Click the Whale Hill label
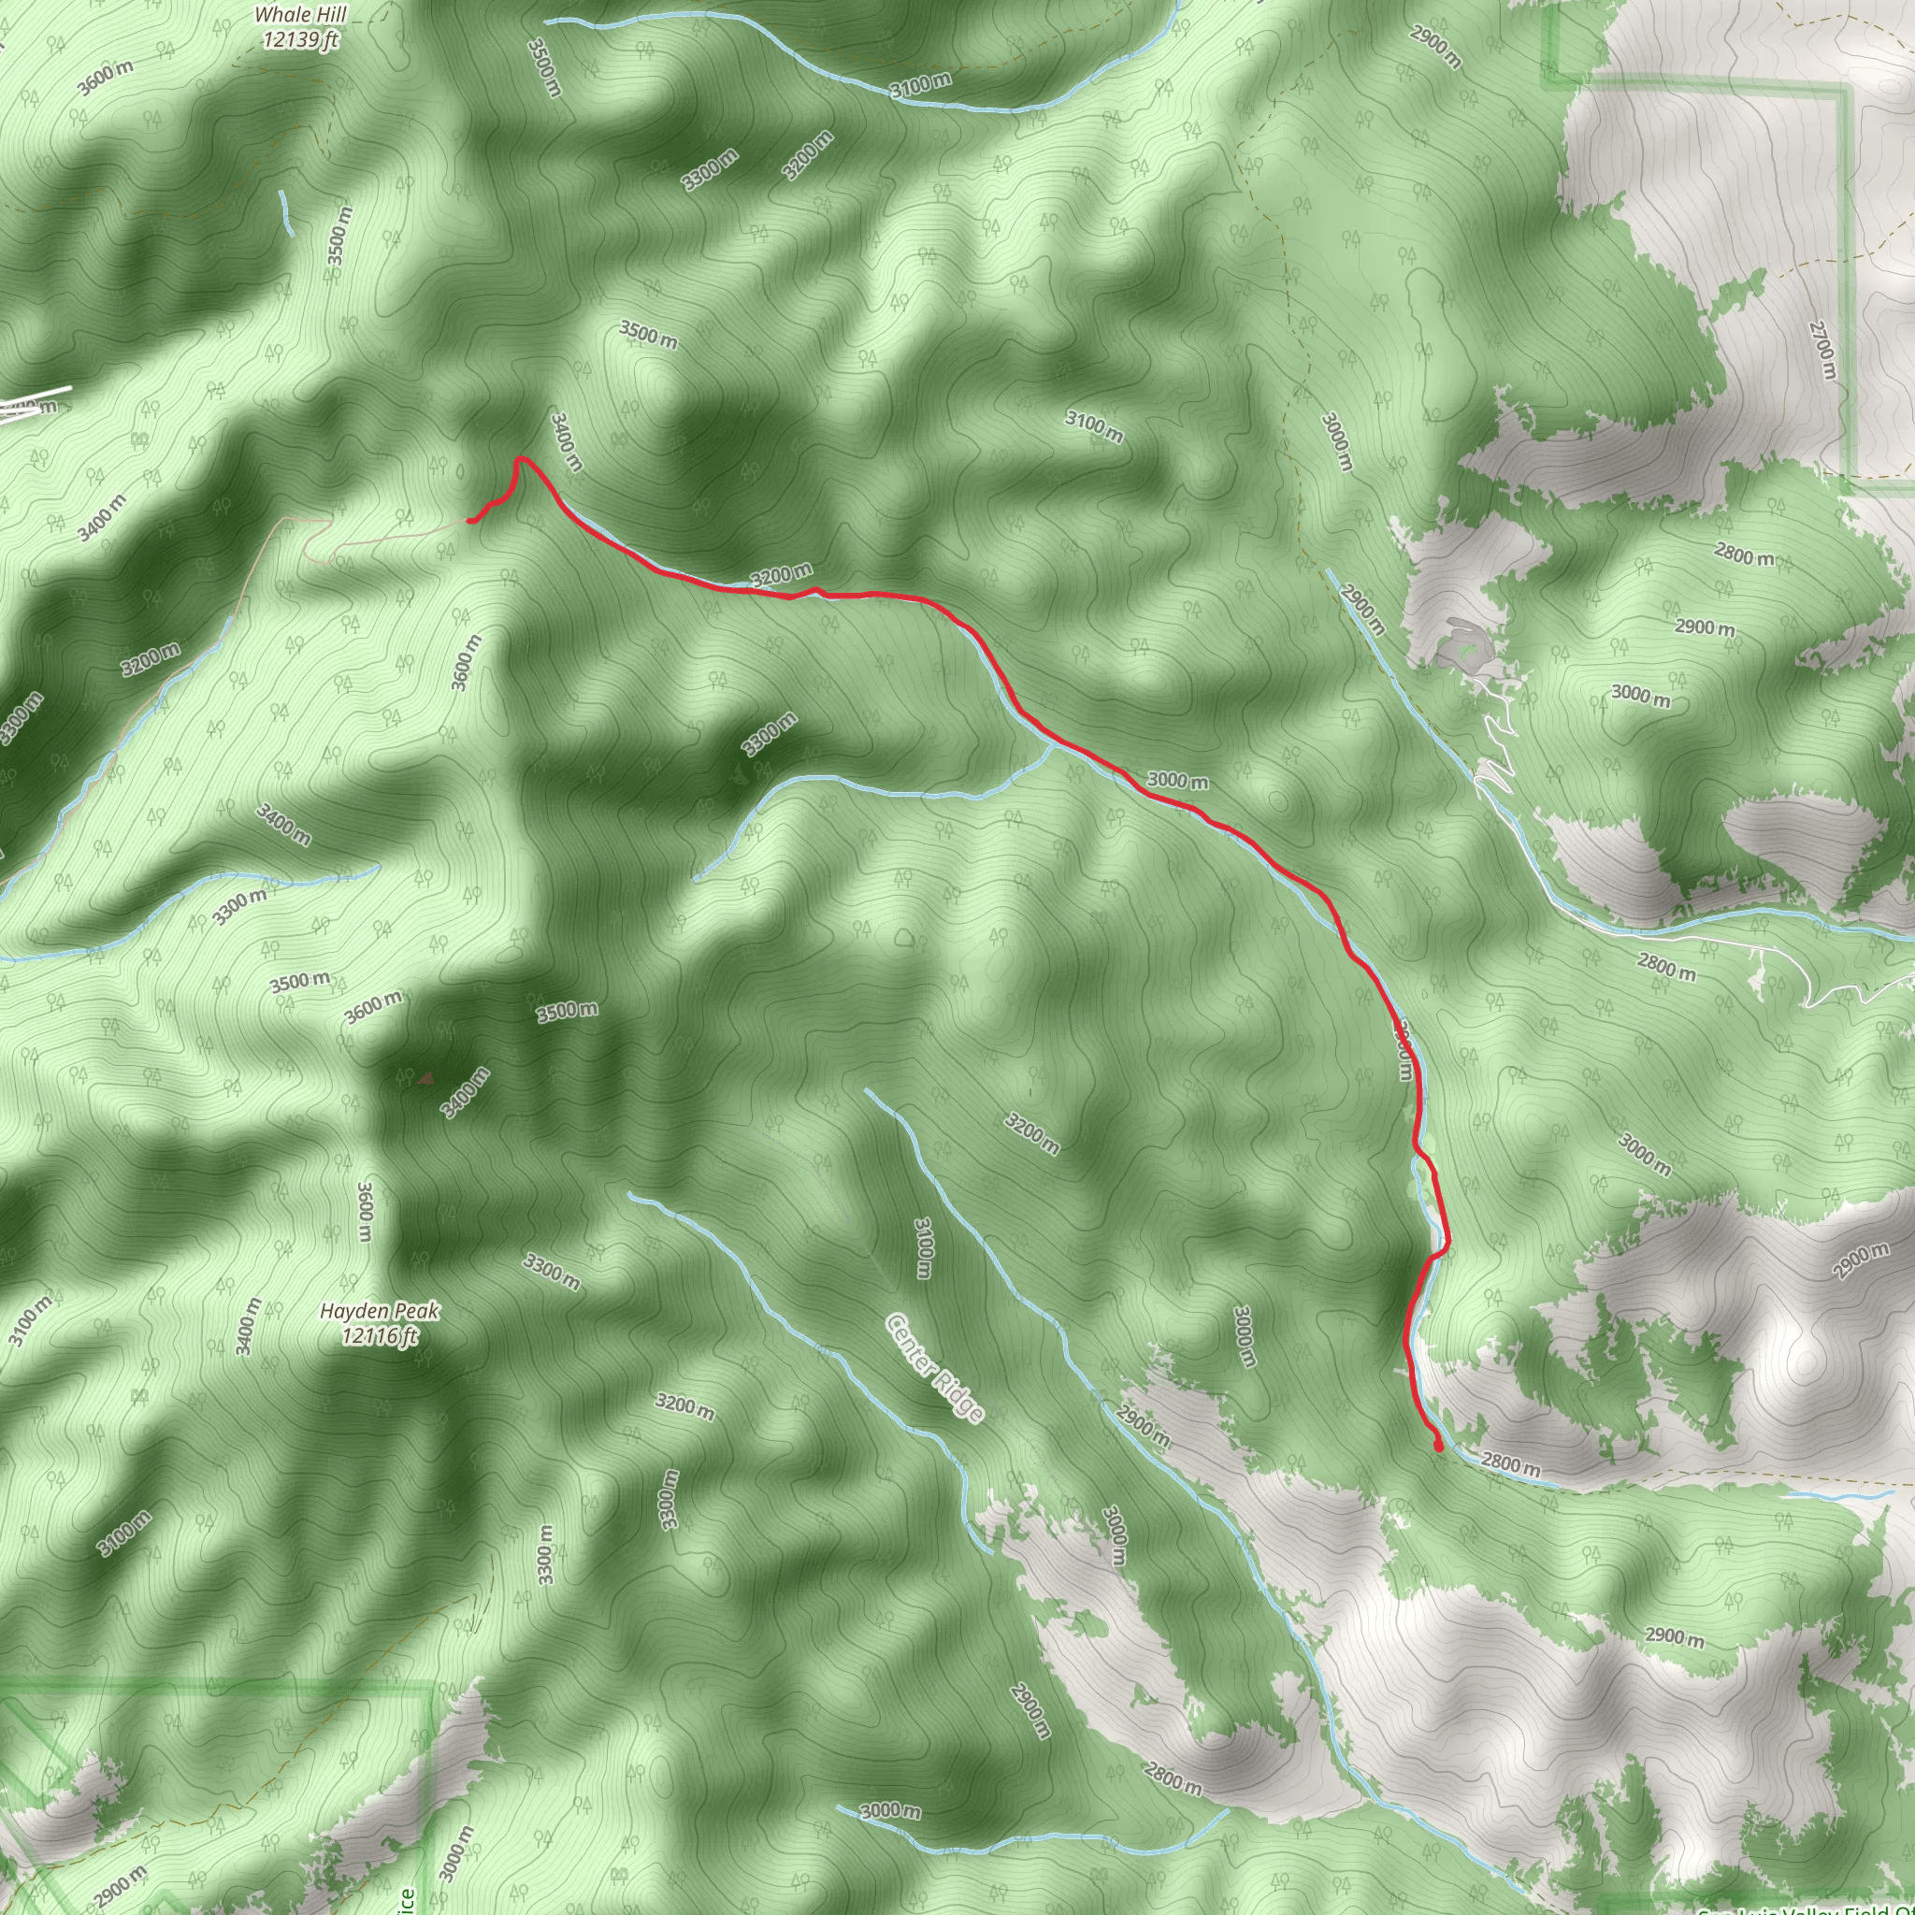pyautogui.click(x=300, y=15)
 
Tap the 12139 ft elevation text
pyautogui.click(x=300, y=39)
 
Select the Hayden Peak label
pyautogui.click(x=379, y=1311)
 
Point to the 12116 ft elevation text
pyautogui.click(x=379, y=1336)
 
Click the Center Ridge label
pyautogui.click(x=935, y=1368)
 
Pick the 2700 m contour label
pyautogui.click(x=1821, y=350)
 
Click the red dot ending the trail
pyautogui.click(x=1438, y=1447)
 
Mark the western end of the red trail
pyautogui.click(x=469, y=521)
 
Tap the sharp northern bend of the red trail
pyautogui.click(x=519, y=459)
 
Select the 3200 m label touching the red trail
pyautogui.click(x=781, y=575)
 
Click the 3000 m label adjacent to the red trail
pyautogui.click(x=1177, y=781)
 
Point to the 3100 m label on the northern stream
pyautogui.click(x=920, y=86)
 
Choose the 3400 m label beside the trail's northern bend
pyautogui.click(x=566, y=442)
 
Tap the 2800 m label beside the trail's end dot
pyautogui.click(x=1511, y=1464)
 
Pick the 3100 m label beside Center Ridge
pyautogui.click(x=923, y=1248)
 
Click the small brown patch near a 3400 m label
pyautogui.click(x=425, y=1076)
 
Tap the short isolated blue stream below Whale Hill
pyautogui.click(x=286, y=211)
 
